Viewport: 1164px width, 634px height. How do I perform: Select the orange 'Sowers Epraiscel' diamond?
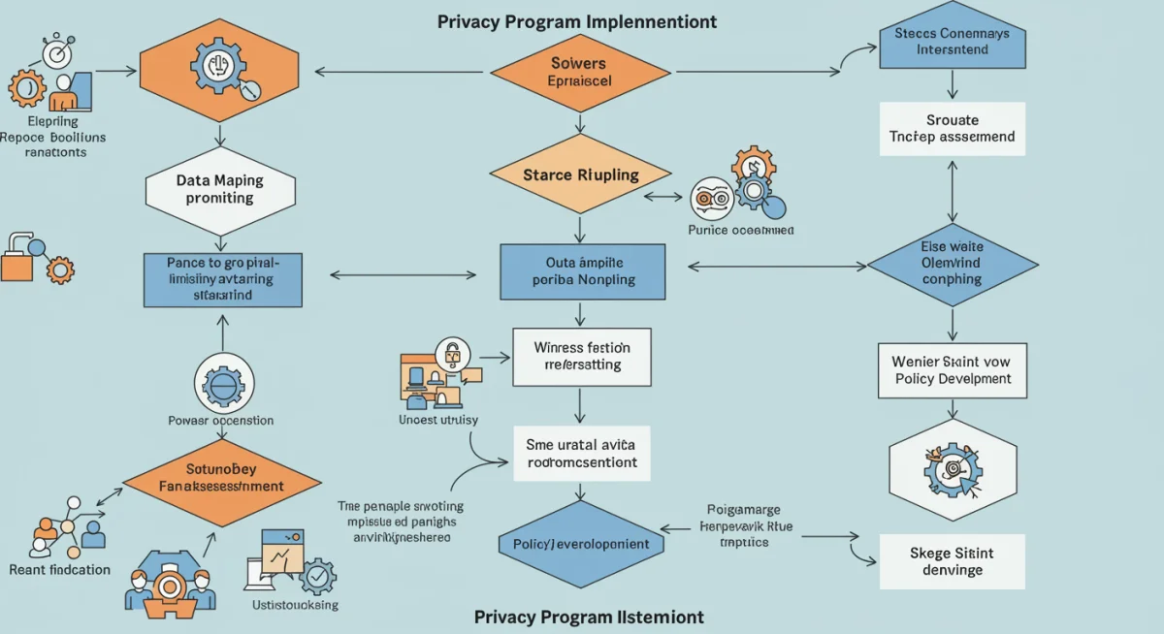tap(580, 72)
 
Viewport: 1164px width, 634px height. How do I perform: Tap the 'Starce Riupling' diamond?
tap(580, 175)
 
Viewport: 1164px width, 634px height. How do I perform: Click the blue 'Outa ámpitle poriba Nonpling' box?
tap(582, 270)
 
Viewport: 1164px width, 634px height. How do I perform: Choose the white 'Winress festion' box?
tap(582, 356)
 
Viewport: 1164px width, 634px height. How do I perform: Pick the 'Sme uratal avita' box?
tap(582, 453)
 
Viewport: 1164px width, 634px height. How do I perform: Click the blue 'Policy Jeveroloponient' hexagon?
tap(581, 544)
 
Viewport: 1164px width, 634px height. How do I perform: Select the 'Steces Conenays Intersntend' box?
tap(952, 41)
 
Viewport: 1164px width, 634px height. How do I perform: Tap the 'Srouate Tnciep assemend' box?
tap(952, 129)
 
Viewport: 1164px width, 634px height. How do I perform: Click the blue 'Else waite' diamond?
tap(952, 264)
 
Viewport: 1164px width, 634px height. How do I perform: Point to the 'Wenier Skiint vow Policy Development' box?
tap(952, 370)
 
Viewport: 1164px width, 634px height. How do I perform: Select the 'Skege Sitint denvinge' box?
tap(952, 561)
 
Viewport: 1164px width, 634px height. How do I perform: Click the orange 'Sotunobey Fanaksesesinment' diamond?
tap(222, 477)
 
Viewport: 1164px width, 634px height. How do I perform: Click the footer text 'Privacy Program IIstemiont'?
tap(589, 617)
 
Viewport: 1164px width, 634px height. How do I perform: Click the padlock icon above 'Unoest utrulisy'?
tap(451, 353)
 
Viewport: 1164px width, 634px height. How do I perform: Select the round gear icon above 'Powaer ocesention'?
tap(222, 383)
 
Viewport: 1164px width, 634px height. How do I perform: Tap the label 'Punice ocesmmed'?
tap(740, 230)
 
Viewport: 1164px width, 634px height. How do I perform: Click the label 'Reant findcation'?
tap(59, 569)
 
